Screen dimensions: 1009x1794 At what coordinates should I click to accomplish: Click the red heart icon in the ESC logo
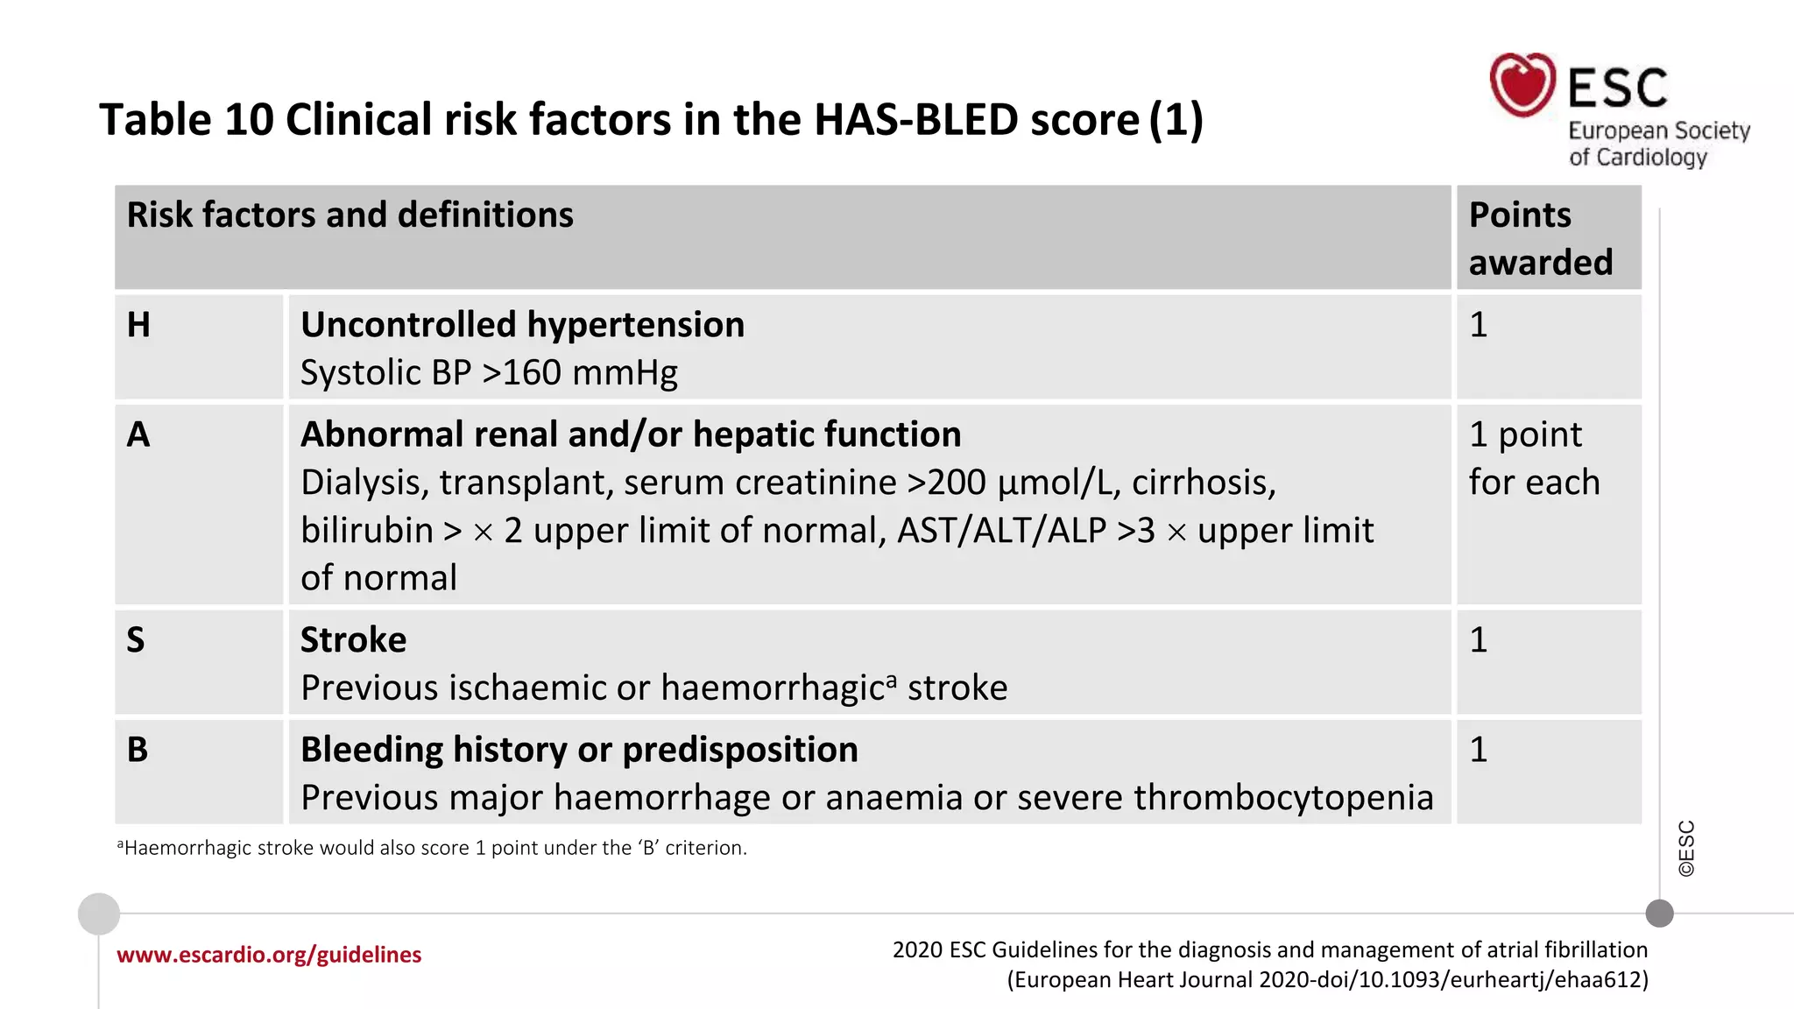coord(1522,85)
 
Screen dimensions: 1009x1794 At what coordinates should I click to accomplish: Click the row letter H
coord(138,325)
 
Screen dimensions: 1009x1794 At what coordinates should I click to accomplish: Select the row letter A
coord(138,434)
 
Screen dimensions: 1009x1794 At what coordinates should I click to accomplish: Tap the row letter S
coord(136,640)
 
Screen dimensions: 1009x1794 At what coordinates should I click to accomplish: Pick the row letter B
coord(138,750)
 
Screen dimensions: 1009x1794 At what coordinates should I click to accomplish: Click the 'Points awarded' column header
coord(1540,238)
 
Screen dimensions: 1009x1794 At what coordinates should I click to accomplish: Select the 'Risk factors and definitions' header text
coord(350,215)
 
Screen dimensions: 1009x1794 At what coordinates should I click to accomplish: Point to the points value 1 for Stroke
coord(1479,640)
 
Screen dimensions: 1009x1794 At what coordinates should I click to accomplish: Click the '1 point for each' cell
coord(1534,458)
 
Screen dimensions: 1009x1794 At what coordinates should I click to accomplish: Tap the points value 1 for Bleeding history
coord(1479,750)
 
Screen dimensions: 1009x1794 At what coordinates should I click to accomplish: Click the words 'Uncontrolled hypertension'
coord(522,325)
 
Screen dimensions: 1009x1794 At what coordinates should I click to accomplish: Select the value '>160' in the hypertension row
coord(521,373)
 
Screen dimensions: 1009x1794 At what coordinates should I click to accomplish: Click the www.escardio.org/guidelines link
coord(269,955)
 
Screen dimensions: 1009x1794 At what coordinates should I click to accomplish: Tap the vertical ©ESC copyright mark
coord(1686,848)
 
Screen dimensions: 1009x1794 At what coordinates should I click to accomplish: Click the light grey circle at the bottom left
coord(99,914)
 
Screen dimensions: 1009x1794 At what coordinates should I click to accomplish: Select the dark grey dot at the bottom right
coord(1659,914)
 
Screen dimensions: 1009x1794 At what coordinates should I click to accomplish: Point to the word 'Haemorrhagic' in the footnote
coord(187,848)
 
